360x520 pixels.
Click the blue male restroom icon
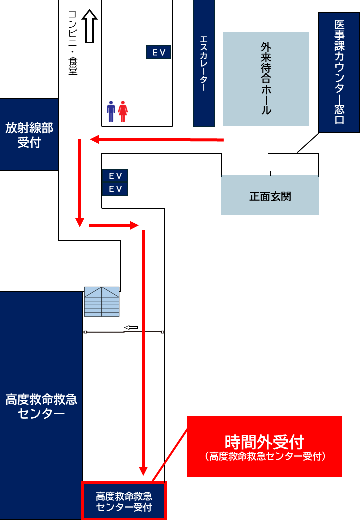pos(111,111)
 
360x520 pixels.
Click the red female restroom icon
pos(123,111)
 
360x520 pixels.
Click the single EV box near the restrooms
pos(159,52)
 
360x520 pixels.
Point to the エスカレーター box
pos(204,63)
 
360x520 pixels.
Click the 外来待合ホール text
pos(266,78)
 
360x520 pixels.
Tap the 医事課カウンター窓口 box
pos(339,72)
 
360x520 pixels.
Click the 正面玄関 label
pos(270,196)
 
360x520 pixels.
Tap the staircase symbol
pos(102,301)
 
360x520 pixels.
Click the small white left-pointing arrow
pos(131,327)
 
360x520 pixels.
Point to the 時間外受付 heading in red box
pos(264,441)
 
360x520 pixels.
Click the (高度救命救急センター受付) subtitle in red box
pos(265,456)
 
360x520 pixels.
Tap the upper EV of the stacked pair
pos(115,176)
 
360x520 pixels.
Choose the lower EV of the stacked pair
pos(115,189)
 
